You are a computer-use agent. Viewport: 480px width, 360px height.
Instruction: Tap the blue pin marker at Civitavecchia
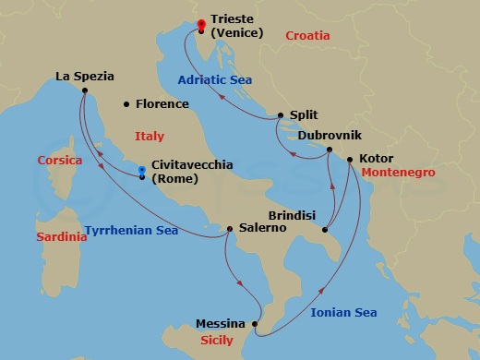coord(141,172)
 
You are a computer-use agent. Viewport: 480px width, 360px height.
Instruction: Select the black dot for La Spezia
coord(84,90)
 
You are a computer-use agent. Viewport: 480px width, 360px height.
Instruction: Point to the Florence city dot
coord(126,104)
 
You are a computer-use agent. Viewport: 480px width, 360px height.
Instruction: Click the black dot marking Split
coord(280,115)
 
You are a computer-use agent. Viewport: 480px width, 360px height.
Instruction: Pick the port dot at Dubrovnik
coord(330,157)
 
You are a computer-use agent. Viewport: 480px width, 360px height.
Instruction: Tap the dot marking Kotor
coord(350,159)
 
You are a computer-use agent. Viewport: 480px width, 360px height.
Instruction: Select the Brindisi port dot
coord(325,228)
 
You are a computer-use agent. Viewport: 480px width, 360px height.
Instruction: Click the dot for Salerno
coord(230,227)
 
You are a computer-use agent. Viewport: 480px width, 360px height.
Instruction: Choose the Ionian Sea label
coord(343,313)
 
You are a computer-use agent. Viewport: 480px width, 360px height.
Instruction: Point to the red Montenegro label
coord(398,173)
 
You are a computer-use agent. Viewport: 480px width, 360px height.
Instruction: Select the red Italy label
coord(150,136)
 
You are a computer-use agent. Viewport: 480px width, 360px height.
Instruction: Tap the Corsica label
coord(60,160)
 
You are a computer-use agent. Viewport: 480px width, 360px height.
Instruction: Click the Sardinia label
coord(62,237)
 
